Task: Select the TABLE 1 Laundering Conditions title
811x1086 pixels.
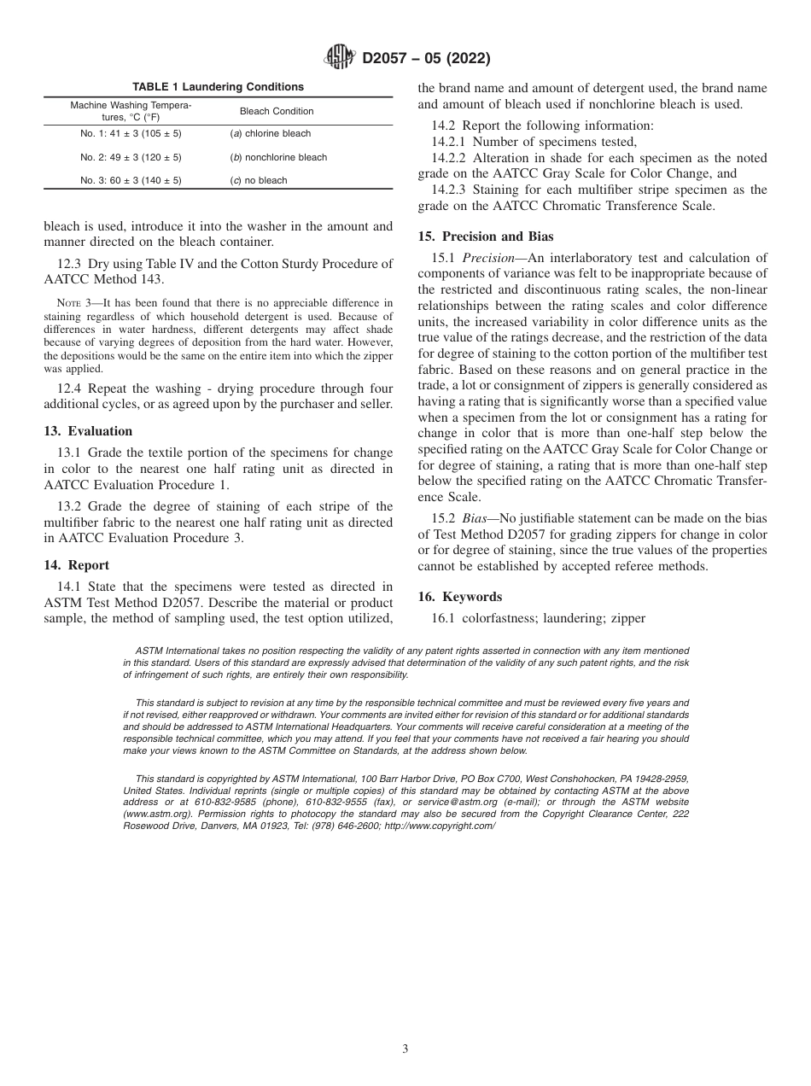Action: click(218, 87)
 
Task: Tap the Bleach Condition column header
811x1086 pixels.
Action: click(277, 111)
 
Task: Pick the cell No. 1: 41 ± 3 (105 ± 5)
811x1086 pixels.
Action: click(131, 134)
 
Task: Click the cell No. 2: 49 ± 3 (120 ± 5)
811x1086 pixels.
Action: click(131, 157)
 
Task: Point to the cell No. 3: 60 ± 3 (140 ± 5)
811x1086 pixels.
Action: click(131, 180)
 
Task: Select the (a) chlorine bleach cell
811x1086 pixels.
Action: click(271, 134)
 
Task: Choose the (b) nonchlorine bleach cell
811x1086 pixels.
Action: click(278, 157)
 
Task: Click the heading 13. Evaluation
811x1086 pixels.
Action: click(88, 431)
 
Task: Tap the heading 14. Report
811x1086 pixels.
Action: click(76, 565)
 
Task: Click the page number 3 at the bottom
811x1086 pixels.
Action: click(405, 1049)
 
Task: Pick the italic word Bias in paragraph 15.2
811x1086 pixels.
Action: click(476, 519)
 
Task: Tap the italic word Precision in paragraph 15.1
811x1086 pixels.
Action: click(490, 258)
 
